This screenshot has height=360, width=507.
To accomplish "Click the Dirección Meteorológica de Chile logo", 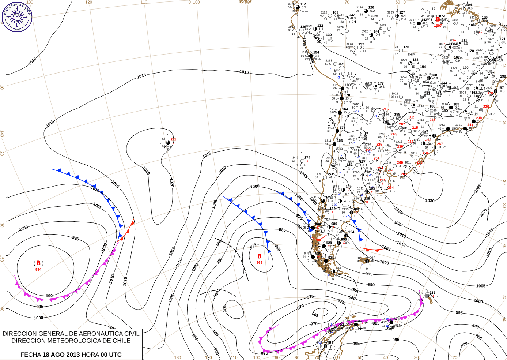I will pyautogui.click(x=17, y=16).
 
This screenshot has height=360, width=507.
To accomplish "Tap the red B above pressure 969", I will pyautogui.click(x=259, y=256).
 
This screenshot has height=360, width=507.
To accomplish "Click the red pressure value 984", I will pyautogui.click(x=38, y=270).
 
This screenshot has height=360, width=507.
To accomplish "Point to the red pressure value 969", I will pyautogui.click(x=259, y=263).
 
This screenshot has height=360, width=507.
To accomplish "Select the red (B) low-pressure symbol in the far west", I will pyautogui.click(x=38, y=263).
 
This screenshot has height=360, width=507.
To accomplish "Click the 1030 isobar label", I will pyautogui.click(x=430, y=200).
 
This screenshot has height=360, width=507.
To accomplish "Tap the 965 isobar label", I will pyautogui.click(x=315, y=315).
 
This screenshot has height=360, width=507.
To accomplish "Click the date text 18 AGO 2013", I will pyautogui.click(x=61, y=355).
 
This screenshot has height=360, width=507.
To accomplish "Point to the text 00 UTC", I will pyautogui.click(x=111, y=355).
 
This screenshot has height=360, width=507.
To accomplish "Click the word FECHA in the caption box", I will pyautogui.click(x=31, y=355).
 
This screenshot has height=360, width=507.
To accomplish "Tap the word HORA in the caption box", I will pyautogui.click(x=90, y=355).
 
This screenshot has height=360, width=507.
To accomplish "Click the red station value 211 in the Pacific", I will pyautogui.click(x=173, y=139).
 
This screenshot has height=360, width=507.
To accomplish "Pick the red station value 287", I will pyautogui.click(x=440, y=144).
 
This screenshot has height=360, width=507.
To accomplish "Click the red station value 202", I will pyautogui.click(x=411, y=117).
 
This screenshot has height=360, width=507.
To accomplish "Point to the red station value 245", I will pyautogui.click(x=432, y=120).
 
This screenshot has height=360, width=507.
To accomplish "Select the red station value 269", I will pyautogui.click(x=400, y=162).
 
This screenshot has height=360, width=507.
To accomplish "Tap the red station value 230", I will pyautogui.click(x=486, y=107).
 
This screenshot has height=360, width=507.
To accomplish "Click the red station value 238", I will pyautogui.click(x=479, y=118).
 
